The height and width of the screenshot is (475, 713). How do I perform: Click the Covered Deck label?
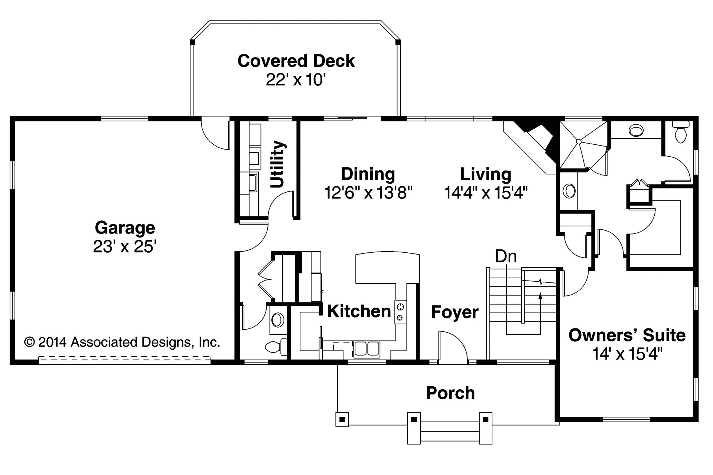[x=296, y=61]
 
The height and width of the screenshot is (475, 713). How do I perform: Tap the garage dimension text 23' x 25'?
[x=124, y=246]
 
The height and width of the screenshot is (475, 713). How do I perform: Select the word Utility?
[x=277, y=164]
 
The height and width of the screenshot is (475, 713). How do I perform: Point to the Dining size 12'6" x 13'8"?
[x=368, y=193]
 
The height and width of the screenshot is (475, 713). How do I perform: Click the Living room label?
[x=485, y=174]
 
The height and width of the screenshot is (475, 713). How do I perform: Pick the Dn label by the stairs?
[x=506, y=256]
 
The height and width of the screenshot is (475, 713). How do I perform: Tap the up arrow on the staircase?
[x=540, y=296]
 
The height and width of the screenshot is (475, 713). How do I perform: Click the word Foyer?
[x=455, y=312]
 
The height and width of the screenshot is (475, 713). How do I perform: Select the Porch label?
[x=450, y=393]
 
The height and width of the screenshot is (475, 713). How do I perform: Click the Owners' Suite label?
[x=627, y=335]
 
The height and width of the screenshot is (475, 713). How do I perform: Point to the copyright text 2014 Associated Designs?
[x=123, y=342]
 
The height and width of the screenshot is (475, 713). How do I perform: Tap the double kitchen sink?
[x=366, y=349]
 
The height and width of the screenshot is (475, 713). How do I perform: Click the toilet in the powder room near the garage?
[x=275, y=347]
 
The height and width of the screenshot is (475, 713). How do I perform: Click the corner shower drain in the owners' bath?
[x=578, y=141]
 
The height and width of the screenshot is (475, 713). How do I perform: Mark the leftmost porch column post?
[x=342, y=420]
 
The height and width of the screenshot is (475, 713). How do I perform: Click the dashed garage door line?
[x=124, y=359]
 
